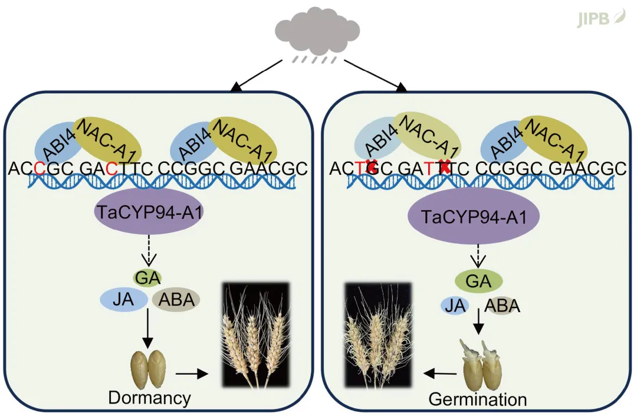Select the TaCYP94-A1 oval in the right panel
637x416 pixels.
click(x=473, y=217)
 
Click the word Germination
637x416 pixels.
click(x=477, y=399)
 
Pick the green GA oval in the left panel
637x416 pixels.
click(x=148, y=276)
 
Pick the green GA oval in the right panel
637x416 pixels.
click(x=478, y=280)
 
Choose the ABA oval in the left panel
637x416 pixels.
click(x=176, y=300)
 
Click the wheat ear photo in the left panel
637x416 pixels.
click(x=254, y=335)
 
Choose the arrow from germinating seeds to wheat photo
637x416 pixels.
click(x=440, y=373)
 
